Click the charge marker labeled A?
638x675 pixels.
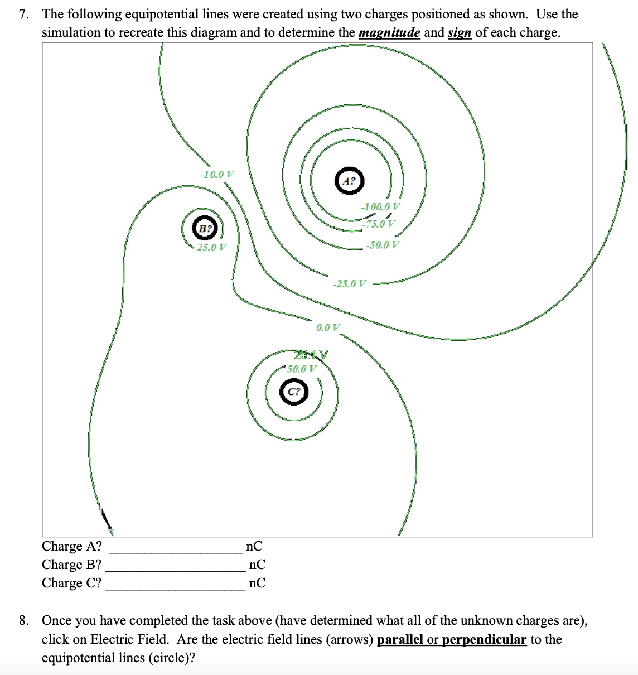[x=349, y=180]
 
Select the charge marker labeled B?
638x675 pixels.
[x=205, y=228]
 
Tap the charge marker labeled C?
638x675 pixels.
[x=294, y=392]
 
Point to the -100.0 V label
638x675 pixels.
[x=380, y=206]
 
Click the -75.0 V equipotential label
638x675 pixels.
[x=379, y=224]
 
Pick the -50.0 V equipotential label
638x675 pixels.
[x=383, y=244]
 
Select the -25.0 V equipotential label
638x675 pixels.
[x=350, y=283]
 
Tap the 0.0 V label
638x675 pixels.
[x=328, y=327]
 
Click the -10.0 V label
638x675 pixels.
[x=217, y=174]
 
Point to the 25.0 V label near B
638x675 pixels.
[x=211, y=247]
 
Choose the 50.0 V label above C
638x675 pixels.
[x=302, y=368]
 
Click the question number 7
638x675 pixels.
[x=23, y=14]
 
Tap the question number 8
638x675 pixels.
[x=23, y=620]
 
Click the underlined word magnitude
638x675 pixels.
[x=389, y=32]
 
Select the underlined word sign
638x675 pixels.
[x=460, y=32]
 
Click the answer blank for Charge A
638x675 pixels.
[x=175, y=547]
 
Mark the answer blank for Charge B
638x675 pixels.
[x=175, y=565]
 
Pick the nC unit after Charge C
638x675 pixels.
[x=257, y=583]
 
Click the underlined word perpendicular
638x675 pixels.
[x=484, y=639]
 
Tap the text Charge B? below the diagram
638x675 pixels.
[x=71, y=565]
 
